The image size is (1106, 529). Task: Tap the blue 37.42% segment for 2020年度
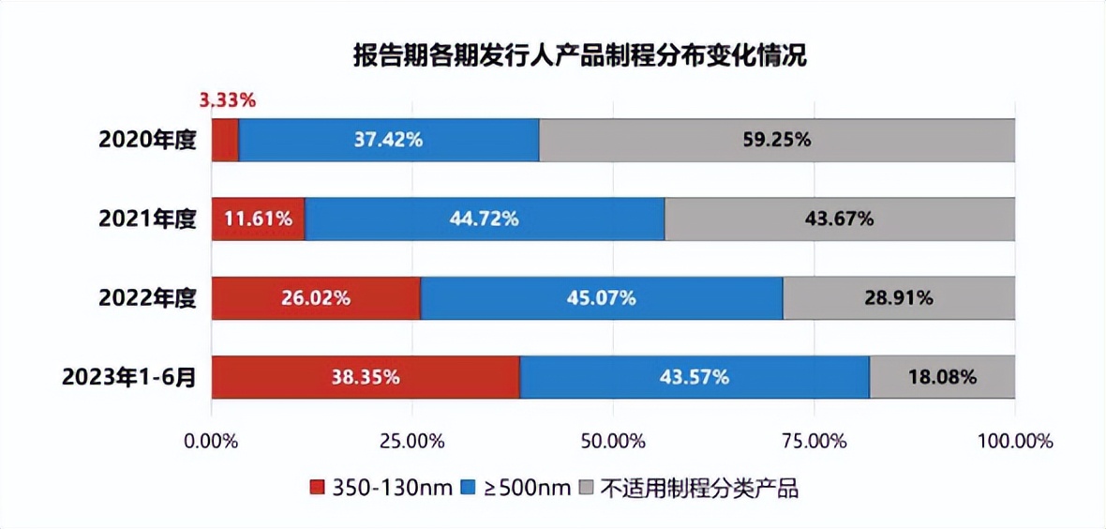point(389,140)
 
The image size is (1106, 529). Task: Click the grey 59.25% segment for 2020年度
point(776,140)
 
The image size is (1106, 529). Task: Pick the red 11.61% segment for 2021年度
point(258,219)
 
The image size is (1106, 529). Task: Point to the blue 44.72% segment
point(485,219)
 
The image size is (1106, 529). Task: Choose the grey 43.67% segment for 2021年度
point(839,219)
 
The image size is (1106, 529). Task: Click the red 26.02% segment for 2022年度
point(316,298)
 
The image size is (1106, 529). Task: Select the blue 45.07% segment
point(601,298)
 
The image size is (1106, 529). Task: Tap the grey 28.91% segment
point(898,298)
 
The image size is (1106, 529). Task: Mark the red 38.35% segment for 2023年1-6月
point(366,377)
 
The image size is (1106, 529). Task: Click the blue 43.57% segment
point(695,377)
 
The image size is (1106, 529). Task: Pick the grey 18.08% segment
point(942,377)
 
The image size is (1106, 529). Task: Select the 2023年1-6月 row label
point(129,378)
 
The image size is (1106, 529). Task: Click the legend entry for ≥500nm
point(516,488)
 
